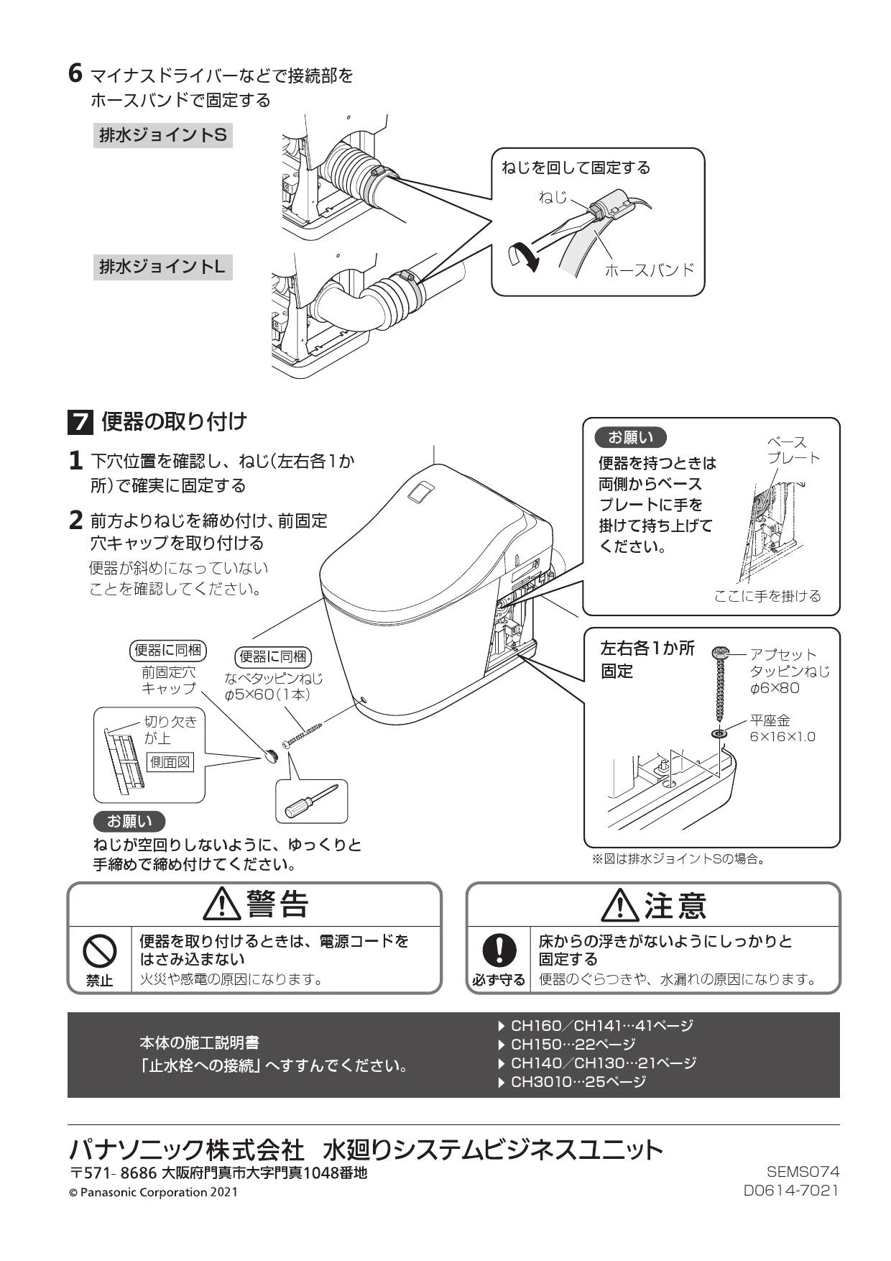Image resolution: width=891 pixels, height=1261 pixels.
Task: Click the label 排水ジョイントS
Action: [162, 134]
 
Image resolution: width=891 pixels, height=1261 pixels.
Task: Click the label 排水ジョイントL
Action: [162, 267]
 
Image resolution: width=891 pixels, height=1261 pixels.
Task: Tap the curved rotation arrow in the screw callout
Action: [522, 255]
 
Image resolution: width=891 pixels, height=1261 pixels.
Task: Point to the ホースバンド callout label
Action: [649, 270]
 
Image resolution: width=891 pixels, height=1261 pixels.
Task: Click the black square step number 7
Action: [80, 422]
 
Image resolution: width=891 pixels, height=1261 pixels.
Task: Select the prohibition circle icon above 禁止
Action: [100, 952]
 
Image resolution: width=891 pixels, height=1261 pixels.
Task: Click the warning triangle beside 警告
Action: [222, 904]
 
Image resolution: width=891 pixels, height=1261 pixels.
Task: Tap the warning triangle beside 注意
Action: [620, 904]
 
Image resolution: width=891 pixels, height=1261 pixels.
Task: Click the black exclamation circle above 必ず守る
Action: [499, 950]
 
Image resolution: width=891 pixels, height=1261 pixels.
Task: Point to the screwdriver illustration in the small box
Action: [312, 801]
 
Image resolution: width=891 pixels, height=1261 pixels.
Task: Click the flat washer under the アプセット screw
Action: [719, 735]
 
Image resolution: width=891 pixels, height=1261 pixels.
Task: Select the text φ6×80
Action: [775, 688]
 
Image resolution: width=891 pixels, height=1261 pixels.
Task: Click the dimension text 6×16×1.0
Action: [782, 737]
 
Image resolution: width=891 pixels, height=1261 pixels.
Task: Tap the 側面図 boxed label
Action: [170, 761]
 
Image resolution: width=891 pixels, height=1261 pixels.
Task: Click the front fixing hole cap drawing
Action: [270, 755]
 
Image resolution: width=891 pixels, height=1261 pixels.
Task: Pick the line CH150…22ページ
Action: [566, 1044]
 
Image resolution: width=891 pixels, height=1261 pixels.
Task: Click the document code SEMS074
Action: [803, 1172]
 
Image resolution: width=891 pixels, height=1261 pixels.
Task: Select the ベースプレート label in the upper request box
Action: [793, 450]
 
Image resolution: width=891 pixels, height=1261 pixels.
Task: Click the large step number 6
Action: [75, 73]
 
